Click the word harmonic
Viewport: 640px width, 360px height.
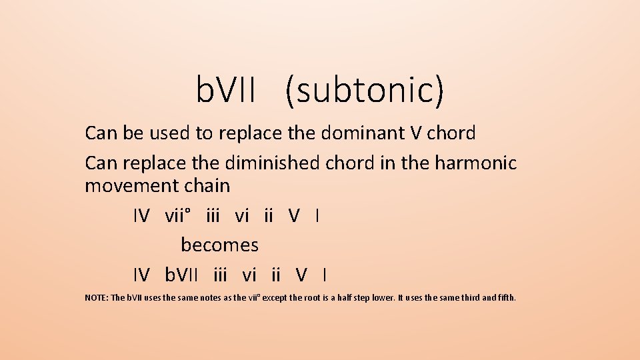click(x=475, y=163)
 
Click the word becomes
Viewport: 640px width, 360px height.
click(x=219, y=245)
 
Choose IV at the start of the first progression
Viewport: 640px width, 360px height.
click(x=141, y=216)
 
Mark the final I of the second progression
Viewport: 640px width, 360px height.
click(x=324, y=275)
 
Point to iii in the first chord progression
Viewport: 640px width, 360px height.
click(x=213, y=216)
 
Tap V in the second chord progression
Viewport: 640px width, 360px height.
click(x=302, y=275)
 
